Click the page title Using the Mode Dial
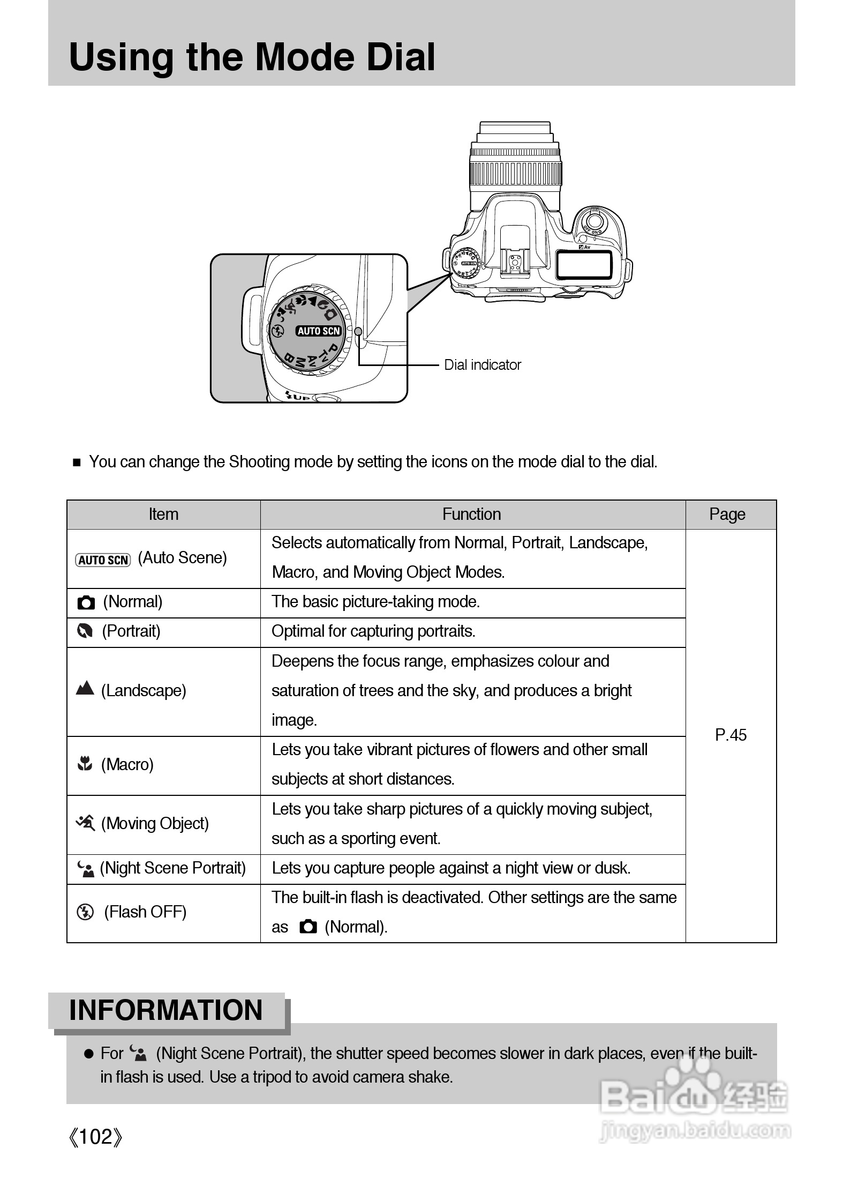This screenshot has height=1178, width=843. [252, 57]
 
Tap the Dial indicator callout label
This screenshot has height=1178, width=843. [482, 365]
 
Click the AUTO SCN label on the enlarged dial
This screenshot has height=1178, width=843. [319, 331]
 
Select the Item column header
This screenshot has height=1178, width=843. [163, 515]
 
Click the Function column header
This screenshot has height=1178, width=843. [471, 515]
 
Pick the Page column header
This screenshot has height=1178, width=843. [727, 515]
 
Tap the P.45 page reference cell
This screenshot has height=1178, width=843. [731, 735]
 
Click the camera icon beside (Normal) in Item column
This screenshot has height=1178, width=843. [86, 602]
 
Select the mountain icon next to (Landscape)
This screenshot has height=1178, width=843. [85, 689]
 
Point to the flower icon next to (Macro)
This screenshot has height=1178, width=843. [85, 763]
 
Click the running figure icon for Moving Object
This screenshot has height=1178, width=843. [86, 822]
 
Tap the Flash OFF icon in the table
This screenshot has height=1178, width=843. [85, 912]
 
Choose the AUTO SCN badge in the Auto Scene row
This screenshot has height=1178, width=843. [103, 560]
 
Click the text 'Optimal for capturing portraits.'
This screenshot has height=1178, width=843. [373, 632]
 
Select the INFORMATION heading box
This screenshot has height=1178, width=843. [166, 1011]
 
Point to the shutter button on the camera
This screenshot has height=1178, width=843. [593, 220]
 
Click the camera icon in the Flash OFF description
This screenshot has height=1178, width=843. [308, 927]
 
